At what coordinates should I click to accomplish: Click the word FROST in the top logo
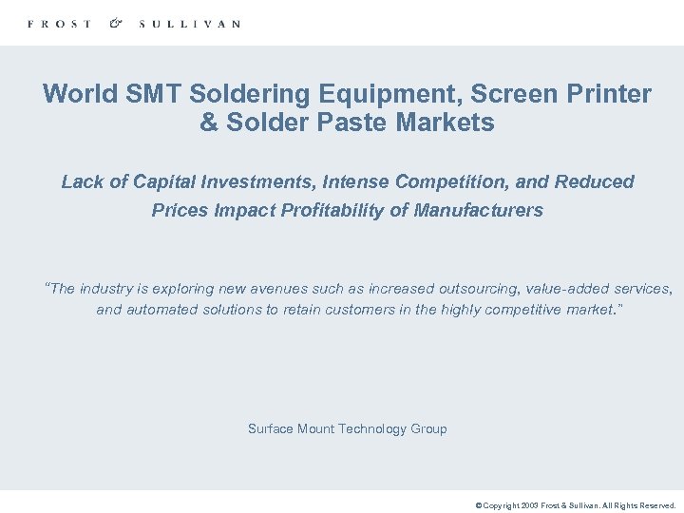click(x=60, y=24)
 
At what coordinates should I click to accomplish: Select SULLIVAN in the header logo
click(x=189, y=24)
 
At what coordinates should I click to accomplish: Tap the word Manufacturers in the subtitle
click(x=479, y=210)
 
